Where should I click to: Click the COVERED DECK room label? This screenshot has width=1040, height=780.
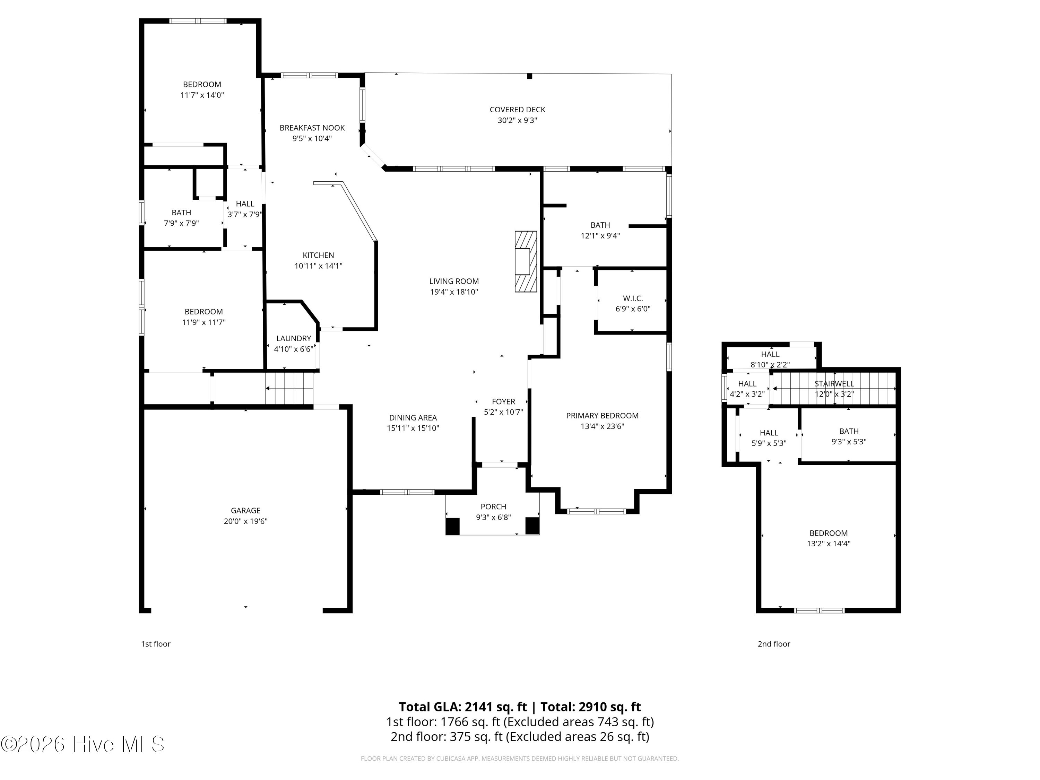pyautogui.click(x=517, y=110)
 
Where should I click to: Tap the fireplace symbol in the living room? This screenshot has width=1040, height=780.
pyautogui.click(x=526, y=261)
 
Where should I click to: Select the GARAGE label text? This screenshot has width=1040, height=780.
pyautogui.click(x=245, y=510)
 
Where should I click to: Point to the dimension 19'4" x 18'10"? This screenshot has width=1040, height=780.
pyautogui.click(x=454, y=292)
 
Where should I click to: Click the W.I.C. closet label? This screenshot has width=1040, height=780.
pyautogui.click(x=633, y=298)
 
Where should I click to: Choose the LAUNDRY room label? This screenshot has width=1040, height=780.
pyautogui.click(x=293, y=338)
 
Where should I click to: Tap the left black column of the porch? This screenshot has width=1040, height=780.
pyautogui.click(x=452, y=526)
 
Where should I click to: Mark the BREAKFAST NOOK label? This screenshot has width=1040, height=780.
pyautogui.click(x=312, y=128)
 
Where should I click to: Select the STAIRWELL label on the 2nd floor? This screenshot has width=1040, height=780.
pyautogui.click(x=834, y=384)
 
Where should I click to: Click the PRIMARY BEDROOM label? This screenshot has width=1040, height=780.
pyautogui.click(x=602, y=416)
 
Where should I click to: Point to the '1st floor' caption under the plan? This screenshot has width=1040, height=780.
pyautogui.click(x=156, y=644)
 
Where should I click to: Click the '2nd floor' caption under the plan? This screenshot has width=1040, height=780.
pyautogui.click(x=774, y=644)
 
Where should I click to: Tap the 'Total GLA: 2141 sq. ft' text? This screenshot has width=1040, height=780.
pyautogui.click(x=463, y=707)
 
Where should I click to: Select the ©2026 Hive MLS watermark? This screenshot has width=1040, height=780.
pyautogui.click(x=82, y=744)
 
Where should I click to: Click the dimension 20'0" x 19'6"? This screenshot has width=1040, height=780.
pyautogui.click(x=245, y=521)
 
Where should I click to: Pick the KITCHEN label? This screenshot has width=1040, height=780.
pyautogui.click(x=318, y=255)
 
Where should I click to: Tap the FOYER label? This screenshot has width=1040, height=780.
pyautogui.click(x=504, y=401)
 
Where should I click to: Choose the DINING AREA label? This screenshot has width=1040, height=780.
pyautogui.click(x=413, y=417)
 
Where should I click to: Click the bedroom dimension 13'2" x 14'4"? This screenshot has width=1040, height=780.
pyautogui.click(x=829, y=544)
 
